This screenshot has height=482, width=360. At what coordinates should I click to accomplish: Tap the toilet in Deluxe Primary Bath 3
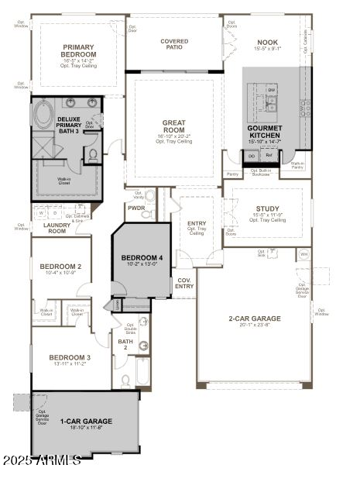(x=92, y=154)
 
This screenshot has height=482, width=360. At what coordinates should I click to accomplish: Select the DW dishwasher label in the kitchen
(x=271, y=90)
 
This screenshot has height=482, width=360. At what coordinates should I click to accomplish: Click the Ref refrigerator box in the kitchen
(x=269, y=156)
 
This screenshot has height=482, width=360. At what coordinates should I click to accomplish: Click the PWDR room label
(x=136, y=208)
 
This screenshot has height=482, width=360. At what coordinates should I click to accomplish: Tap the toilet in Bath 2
(x=125, y=380)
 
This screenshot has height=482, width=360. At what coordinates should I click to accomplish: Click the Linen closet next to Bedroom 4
(x=117, y=305)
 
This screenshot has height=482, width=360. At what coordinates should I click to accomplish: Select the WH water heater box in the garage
(x=303, y=254)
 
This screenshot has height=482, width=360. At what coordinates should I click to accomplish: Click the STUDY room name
(x=267, y=208)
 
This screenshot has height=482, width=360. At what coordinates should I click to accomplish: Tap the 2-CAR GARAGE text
(x=254, y=318)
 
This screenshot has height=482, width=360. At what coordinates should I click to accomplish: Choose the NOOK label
(x=266, y=43)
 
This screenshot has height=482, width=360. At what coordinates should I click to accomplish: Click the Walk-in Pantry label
(x=297, y=165)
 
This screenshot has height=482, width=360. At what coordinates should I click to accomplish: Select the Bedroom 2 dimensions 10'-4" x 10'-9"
(x=60, y=273)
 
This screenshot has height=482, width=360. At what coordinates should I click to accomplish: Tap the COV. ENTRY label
(x=184, y=284)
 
